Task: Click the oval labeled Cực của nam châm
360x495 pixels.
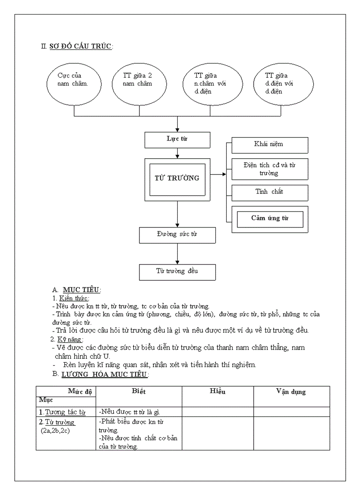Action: pos(73,83)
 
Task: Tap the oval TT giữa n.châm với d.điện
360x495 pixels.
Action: pos(211,83)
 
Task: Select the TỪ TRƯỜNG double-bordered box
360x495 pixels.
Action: pos(177,179)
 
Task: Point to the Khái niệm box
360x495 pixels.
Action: pos(269,145)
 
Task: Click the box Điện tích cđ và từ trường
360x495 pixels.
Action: pos(269,169)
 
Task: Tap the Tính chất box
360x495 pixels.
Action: pos(269,192)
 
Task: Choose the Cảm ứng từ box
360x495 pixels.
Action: pos(269,219)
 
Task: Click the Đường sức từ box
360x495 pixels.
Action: pos(177,234)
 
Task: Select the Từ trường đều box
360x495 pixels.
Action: pos(177,272)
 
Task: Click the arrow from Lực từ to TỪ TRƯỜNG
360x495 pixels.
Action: pos(177,153)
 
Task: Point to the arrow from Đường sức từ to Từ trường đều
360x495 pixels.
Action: pos(177,254)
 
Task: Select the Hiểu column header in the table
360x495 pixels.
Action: pos(217,392)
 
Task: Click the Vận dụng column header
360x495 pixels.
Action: pos(291,392)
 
